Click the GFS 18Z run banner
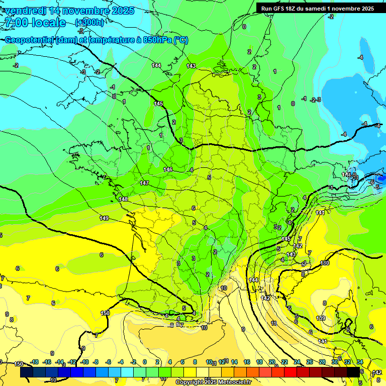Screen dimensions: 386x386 pos(317,9)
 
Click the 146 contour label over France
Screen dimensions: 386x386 pos(168,169)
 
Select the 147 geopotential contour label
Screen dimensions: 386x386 pos(144,183)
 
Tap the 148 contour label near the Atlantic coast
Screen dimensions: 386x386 pos(123,200)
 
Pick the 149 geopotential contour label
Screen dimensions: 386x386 pos(104,218)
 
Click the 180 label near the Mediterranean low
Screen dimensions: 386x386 pos(325,263)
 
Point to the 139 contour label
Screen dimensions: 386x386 pos(321,319)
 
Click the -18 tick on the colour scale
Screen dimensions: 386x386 pos(34,362)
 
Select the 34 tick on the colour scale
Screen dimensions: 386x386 pos(360,362)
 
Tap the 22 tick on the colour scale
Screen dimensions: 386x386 pos(284,362)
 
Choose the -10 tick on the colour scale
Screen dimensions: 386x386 pos(85,362)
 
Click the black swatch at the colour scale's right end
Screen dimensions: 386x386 pos(353,372)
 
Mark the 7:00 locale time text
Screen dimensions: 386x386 pos(35,23)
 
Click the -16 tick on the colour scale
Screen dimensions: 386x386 pos(47,362)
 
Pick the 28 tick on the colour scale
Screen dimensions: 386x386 pos(322,362)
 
